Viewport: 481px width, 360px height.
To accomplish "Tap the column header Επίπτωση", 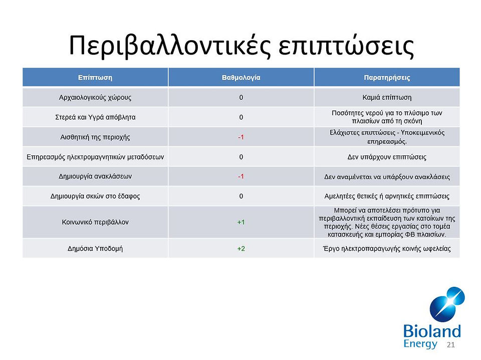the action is click(95, 78).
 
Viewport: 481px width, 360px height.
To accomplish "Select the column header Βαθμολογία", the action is click(241, 78).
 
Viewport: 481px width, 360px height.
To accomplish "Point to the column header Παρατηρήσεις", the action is click(387, 78).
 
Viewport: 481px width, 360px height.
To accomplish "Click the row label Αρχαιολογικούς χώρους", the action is click(95, 98).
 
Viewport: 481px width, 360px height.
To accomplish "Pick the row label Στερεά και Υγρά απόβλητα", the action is click(95, 117).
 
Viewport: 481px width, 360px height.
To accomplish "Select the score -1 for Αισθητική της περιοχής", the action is click(241, 137).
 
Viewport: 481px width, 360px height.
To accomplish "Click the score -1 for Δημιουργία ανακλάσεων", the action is click(241, 176).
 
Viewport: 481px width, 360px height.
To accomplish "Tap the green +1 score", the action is click(241, 222).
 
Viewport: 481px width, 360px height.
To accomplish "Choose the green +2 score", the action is click(241, 249).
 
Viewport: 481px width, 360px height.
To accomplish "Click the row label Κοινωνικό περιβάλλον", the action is click(95, 222).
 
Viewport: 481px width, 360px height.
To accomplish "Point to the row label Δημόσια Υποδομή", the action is click(95, 249).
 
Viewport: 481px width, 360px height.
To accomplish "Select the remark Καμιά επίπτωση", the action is click(387, 98).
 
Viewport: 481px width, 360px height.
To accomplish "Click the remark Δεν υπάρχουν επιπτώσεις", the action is click(387, 157).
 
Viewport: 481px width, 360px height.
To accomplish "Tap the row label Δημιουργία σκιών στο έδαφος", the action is click(95, 196).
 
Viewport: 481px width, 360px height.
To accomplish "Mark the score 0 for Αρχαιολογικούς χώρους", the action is click(241, 98).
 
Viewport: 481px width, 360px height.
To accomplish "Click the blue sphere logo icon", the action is click(447, 304).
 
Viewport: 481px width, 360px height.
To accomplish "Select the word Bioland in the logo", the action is click(432, 331).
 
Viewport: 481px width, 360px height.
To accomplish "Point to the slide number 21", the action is click(450, 344).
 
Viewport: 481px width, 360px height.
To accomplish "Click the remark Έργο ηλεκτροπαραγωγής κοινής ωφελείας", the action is click(387, 249).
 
